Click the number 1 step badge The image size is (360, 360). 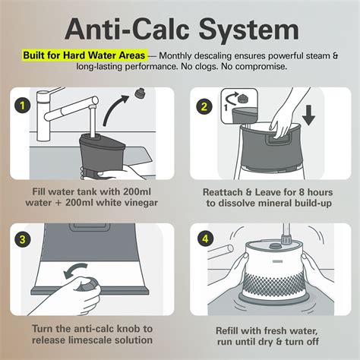22,106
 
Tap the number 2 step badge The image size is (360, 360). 204,106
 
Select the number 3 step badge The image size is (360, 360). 22,239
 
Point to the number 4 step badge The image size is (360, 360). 205,238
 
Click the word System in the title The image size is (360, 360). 249,30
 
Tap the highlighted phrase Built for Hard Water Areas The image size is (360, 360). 84,55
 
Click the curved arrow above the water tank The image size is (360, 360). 116,110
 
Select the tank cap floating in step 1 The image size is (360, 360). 139,93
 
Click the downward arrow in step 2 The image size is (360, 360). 308,115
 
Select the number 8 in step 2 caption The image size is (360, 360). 301,192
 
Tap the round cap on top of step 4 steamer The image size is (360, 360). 275,246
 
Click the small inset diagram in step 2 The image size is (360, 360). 239,106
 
